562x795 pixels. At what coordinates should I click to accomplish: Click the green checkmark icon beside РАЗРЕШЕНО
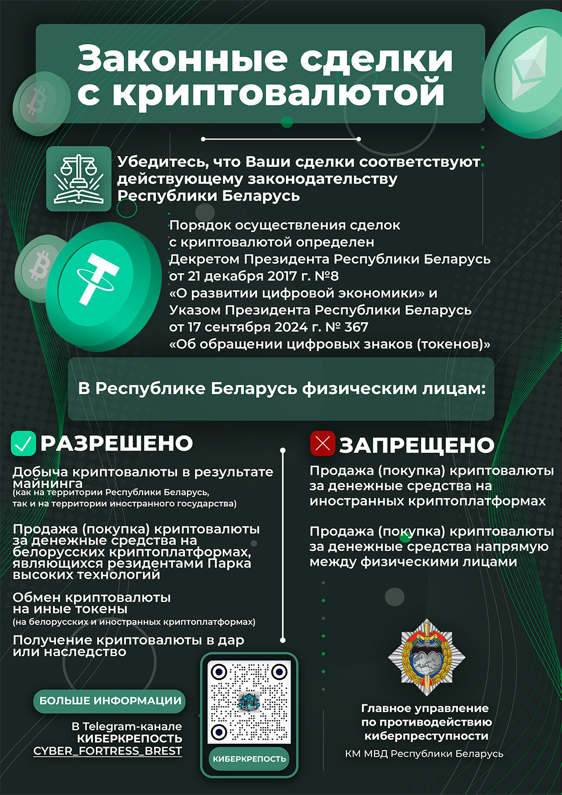coord(23,443)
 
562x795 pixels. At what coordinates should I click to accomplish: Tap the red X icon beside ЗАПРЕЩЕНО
coord(322,443)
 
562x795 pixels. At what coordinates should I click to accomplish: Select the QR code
coord(249,702)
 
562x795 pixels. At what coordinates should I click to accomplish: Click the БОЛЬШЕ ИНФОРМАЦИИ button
coord(110,700)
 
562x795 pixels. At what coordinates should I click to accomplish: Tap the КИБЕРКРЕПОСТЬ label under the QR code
coord(249,759)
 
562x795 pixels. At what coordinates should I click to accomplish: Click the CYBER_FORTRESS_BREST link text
coord(108,751)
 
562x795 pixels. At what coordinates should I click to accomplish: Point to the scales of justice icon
coord(79,179)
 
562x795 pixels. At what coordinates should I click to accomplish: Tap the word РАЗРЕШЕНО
coord(116,443)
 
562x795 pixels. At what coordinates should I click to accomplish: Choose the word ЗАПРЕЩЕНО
coord(416,446)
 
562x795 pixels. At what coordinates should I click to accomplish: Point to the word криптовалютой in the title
coord(278,93)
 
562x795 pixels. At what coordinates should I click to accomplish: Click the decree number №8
coord(326,276)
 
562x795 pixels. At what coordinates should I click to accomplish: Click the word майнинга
coord(48,483)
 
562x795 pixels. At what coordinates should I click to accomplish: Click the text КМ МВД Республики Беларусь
coord(424,754)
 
